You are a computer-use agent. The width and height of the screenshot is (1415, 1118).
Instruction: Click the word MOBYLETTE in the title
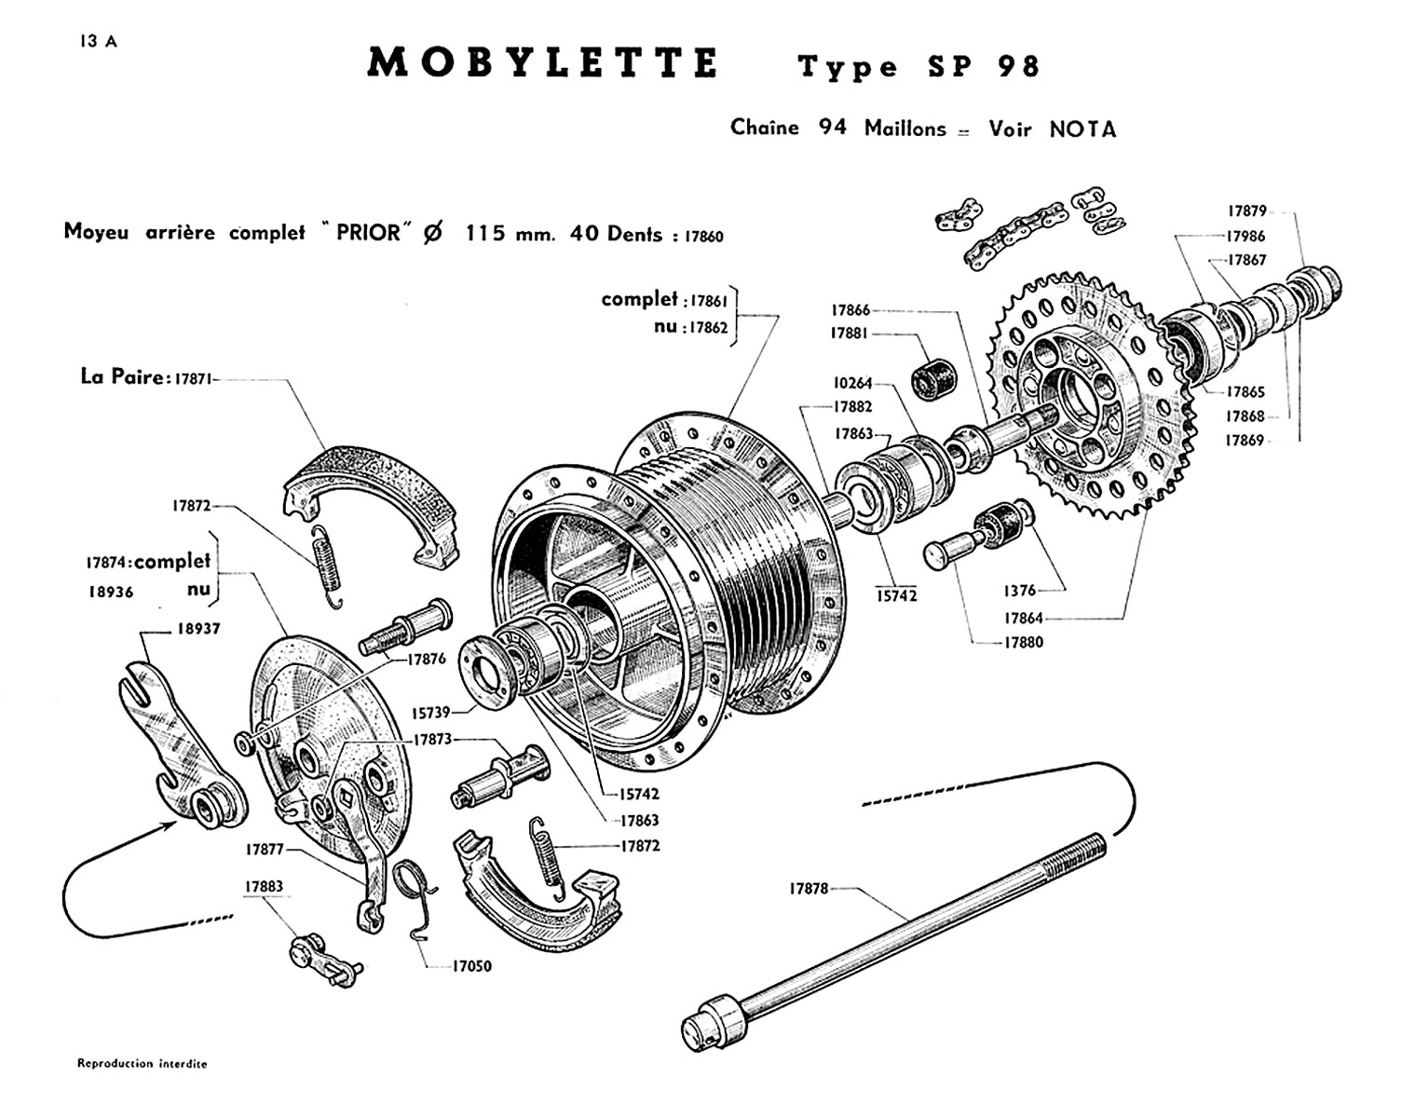click(543, 63)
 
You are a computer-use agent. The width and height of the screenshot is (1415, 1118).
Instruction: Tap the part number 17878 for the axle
click(809, 889)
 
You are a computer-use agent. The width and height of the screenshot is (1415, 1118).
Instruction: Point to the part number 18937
click(199, 629)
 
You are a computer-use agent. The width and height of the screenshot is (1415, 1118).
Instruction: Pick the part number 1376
click(1019, 591)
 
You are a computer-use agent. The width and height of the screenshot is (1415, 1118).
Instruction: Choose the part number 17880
click(1023, 642)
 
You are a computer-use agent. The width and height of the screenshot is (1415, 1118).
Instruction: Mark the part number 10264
click(852, 383)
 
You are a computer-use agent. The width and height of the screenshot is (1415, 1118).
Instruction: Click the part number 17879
click(1245, 211)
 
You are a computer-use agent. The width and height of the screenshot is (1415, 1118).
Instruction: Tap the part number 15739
click(431, 713)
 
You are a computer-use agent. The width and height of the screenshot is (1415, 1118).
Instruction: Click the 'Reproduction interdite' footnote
click(142, 1063)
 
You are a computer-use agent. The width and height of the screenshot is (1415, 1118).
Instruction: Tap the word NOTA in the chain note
click(1082, 130)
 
